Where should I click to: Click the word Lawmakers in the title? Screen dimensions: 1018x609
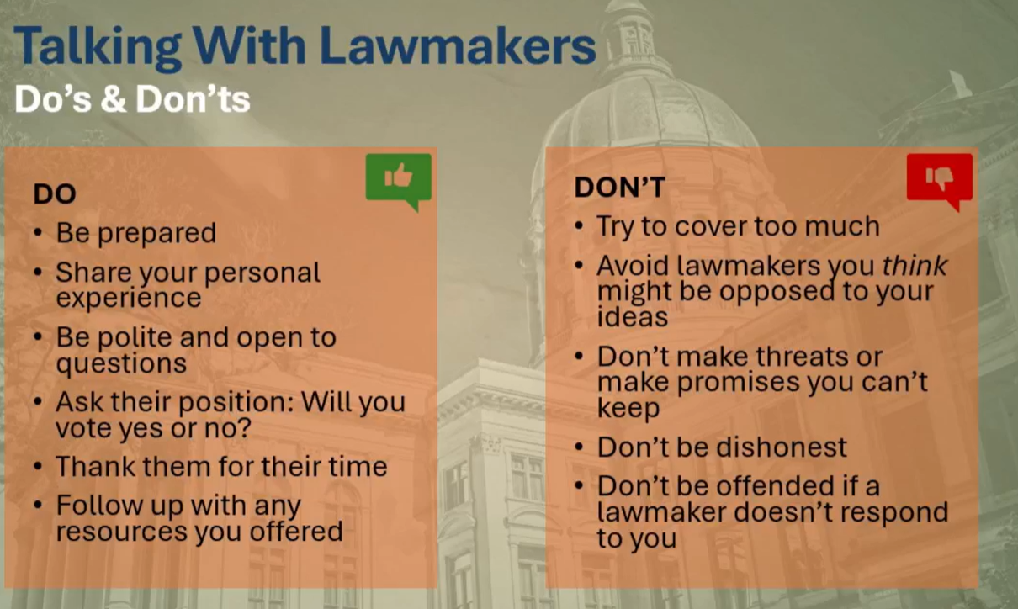[x=458, y=46]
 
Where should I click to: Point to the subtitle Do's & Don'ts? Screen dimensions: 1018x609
[x=132, y=99]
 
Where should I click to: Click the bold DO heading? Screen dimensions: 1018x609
[x=55, y=194]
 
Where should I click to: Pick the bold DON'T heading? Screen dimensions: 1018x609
[x=620, y=187]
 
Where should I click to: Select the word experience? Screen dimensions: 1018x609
[x=129, y=298]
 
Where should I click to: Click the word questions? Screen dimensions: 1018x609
[x=121, y=363]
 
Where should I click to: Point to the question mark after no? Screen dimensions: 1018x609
[x=245, y=427]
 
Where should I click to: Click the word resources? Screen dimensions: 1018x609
[x=122, y=532]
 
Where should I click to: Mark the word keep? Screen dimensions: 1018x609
[x=628, y=409]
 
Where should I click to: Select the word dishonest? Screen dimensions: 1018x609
[x=784, y=447]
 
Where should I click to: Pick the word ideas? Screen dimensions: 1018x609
[x=632, y=317]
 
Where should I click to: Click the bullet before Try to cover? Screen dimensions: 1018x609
[x=579, y=226]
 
